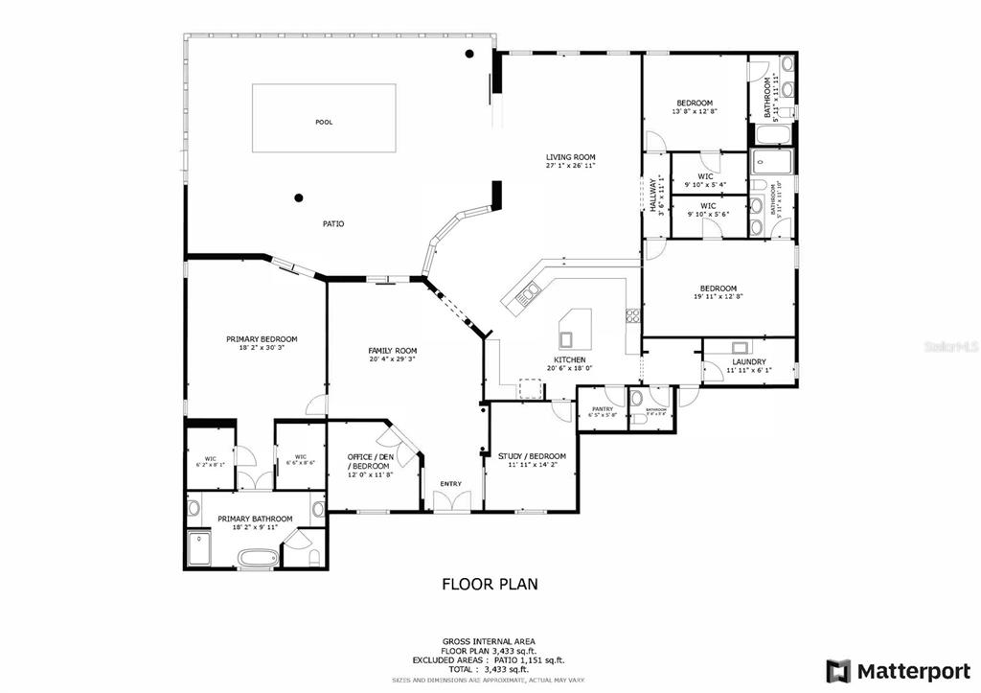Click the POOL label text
[325, 123]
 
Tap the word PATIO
[332, 224]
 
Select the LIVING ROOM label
[571, 157]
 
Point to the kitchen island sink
[567, 336]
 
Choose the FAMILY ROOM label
[393, 351]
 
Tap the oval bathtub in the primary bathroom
[255, 557]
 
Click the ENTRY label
[450, 483]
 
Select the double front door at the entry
[451, 501]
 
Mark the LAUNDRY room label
[748, 361]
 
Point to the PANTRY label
[602, 409]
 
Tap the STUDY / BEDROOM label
[532, 456]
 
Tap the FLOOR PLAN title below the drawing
[490, 583]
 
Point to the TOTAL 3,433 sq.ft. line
[490, 669]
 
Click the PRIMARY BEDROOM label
[262, 338]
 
